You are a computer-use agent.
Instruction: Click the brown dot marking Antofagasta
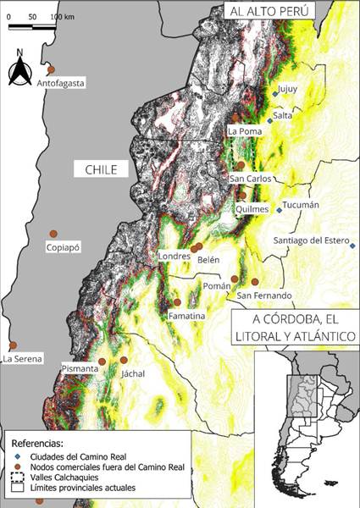pos(51,69)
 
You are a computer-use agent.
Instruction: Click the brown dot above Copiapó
pos(53,233)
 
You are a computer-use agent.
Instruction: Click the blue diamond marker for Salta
pos(270,121)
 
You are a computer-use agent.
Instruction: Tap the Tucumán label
pos(301,205)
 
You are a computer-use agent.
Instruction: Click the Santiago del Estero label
pos(308,240)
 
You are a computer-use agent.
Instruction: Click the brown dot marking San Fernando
pos(255,282)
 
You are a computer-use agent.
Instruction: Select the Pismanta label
pos(80,369)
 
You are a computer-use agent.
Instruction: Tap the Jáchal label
pos(133,373)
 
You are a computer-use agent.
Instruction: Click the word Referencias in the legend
pos(37,442)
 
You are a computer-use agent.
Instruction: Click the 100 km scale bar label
pos(63,16)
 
